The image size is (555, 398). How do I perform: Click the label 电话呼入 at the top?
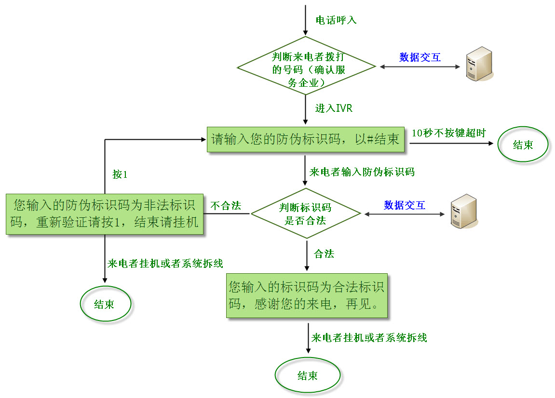(x=336, y=20)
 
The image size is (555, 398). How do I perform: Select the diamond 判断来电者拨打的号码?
(x=307, y=66)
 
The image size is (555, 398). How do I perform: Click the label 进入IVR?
(x=334, y=108)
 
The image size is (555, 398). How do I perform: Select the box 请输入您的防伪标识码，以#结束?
(x=306, y=140)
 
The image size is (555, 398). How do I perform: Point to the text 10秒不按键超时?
(x=448, y=133)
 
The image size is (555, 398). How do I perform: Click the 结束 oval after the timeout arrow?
(x=523, y=145)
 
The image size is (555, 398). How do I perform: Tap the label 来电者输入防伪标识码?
(x=362, y=172)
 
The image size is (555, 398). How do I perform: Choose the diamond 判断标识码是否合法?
(x=306, y=213)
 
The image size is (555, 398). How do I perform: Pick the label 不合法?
(x=226, y=206)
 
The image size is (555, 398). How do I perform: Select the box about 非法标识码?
(x=104, y=214)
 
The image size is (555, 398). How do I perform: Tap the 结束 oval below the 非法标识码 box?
(x=105, y=304)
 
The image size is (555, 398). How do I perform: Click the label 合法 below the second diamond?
(x=324, y=254)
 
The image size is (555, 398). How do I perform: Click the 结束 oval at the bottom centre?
(x=307, y=376)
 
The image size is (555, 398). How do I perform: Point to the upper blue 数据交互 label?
(x=420, y=57)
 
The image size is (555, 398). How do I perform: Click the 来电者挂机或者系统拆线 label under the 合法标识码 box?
(x=369, y=338)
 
